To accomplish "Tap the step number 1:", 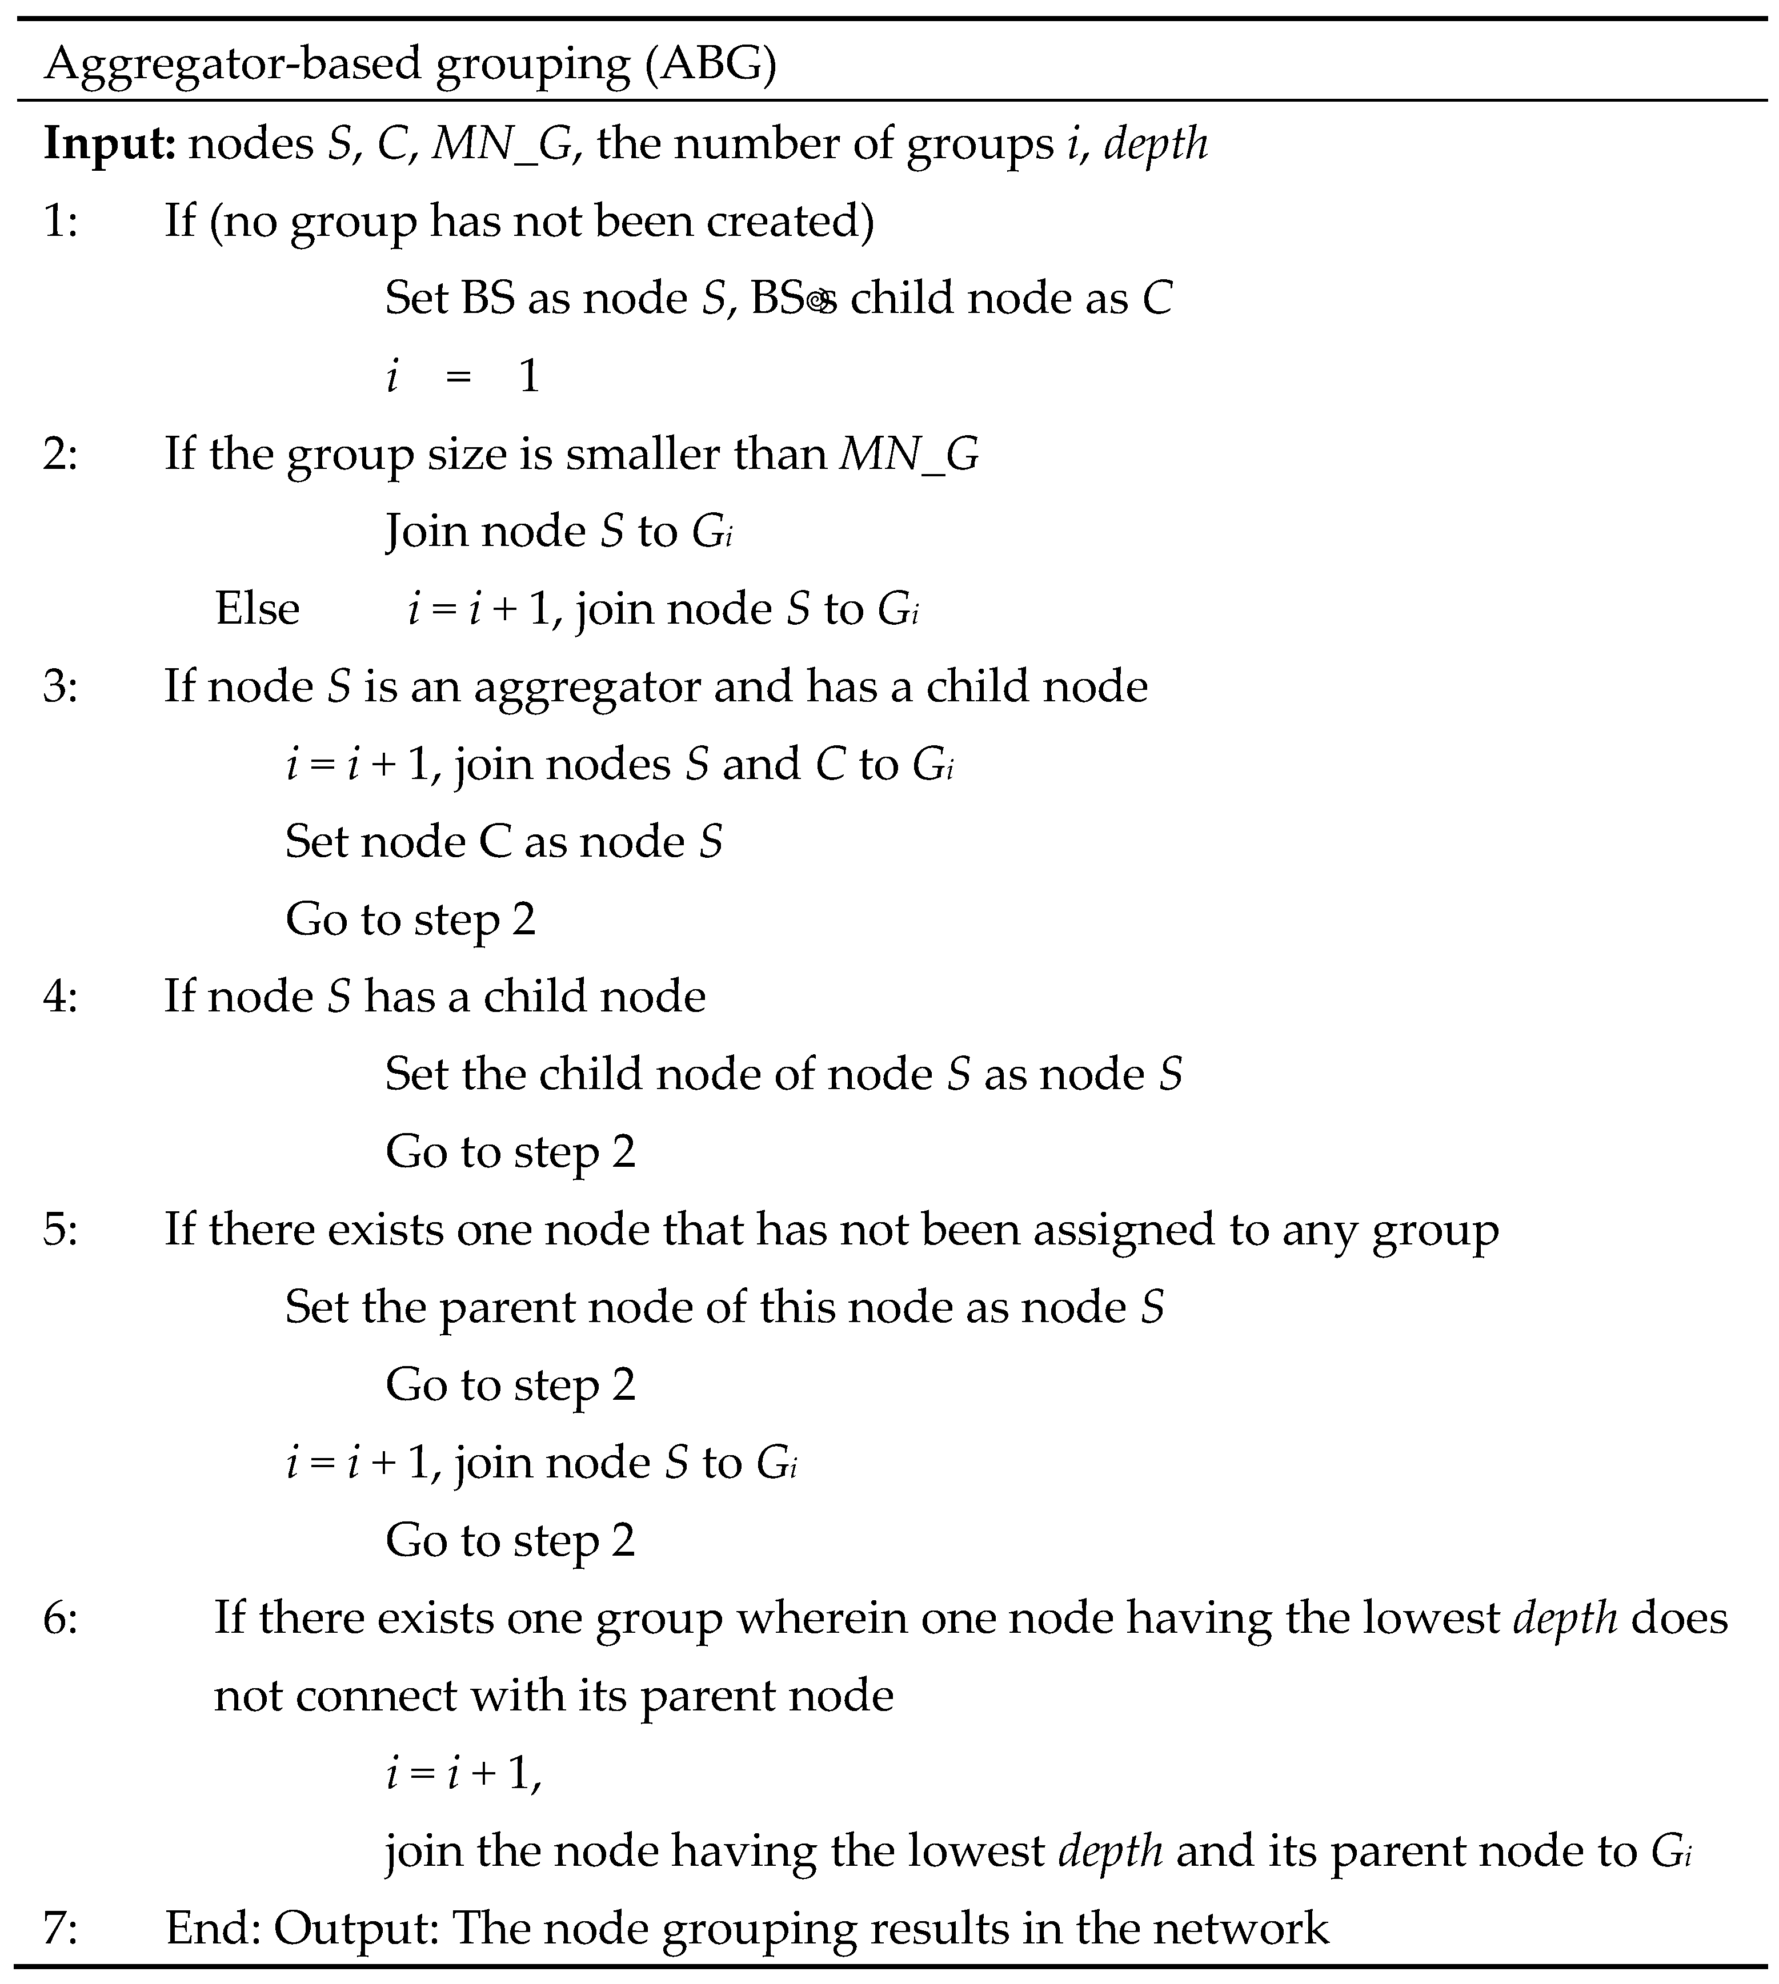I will [x=61, y=221].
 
